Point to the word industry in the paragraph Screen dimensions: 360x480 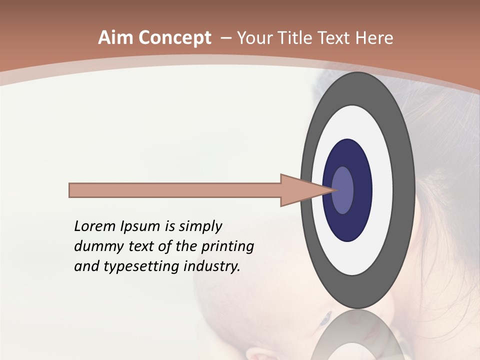(x=212, y=267)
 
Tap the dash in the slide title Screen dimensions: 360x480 (x=225, y=38)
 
